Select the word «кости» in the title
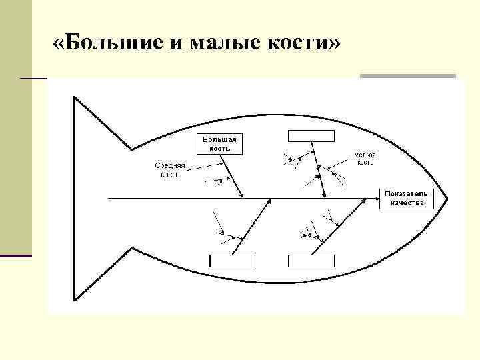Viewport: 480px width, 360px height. [x=292, y=45]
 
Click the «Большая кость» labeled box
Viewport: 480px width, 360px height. [x=219, y=144]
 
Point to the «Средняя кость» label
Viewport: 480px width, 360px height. [x=170, y=169]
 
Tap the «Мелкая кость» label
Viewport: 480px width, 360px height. [x=365, y=157]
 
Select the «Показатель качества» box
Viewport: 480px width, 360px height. [x=406, y=199]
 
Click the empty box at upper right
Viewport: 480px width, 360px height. [x=311, y=135]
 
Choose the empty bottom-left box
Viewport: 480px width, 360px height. [x=232, y=261]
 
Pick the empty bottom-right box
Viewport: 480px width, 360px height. [x=311, y=261]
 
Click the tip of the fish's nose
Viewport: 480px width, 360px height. [x=447, y=199]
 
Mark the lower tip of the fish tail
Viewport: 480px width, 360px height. [x=73, y=300]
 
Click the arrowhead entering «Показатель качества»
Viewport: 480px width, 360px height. [x=376, y=199]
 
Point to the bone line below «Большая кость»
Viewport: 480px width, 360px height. [x=232, y=175]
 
